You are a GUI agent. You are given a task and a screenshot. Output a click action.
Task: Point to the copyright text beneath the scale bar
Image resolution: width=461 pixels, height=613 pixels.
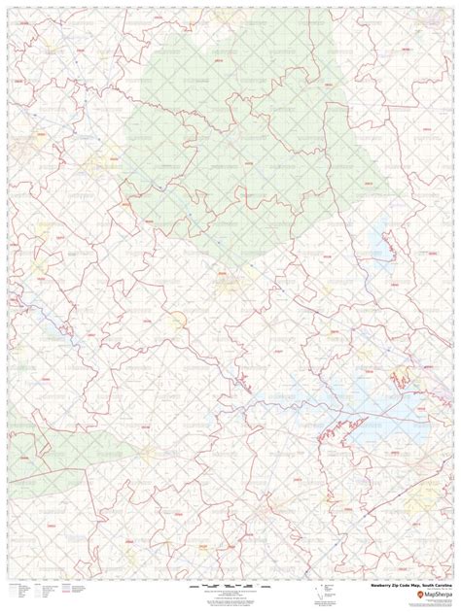coord(230,596)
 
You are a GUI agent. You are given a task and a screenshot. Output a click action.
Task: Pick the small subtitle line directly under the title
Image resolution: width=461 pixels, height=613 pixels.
coord(428,591)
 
